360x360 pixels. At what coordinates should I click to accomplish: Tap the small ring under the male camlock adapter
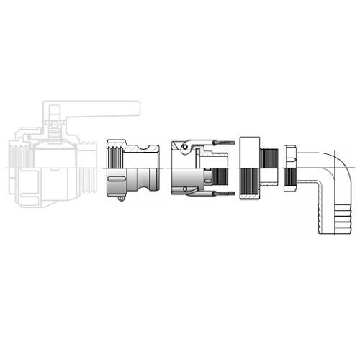[x=121, y=199]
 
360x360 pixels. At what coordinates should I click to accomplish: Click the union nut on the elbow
[x=291, y=168]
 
